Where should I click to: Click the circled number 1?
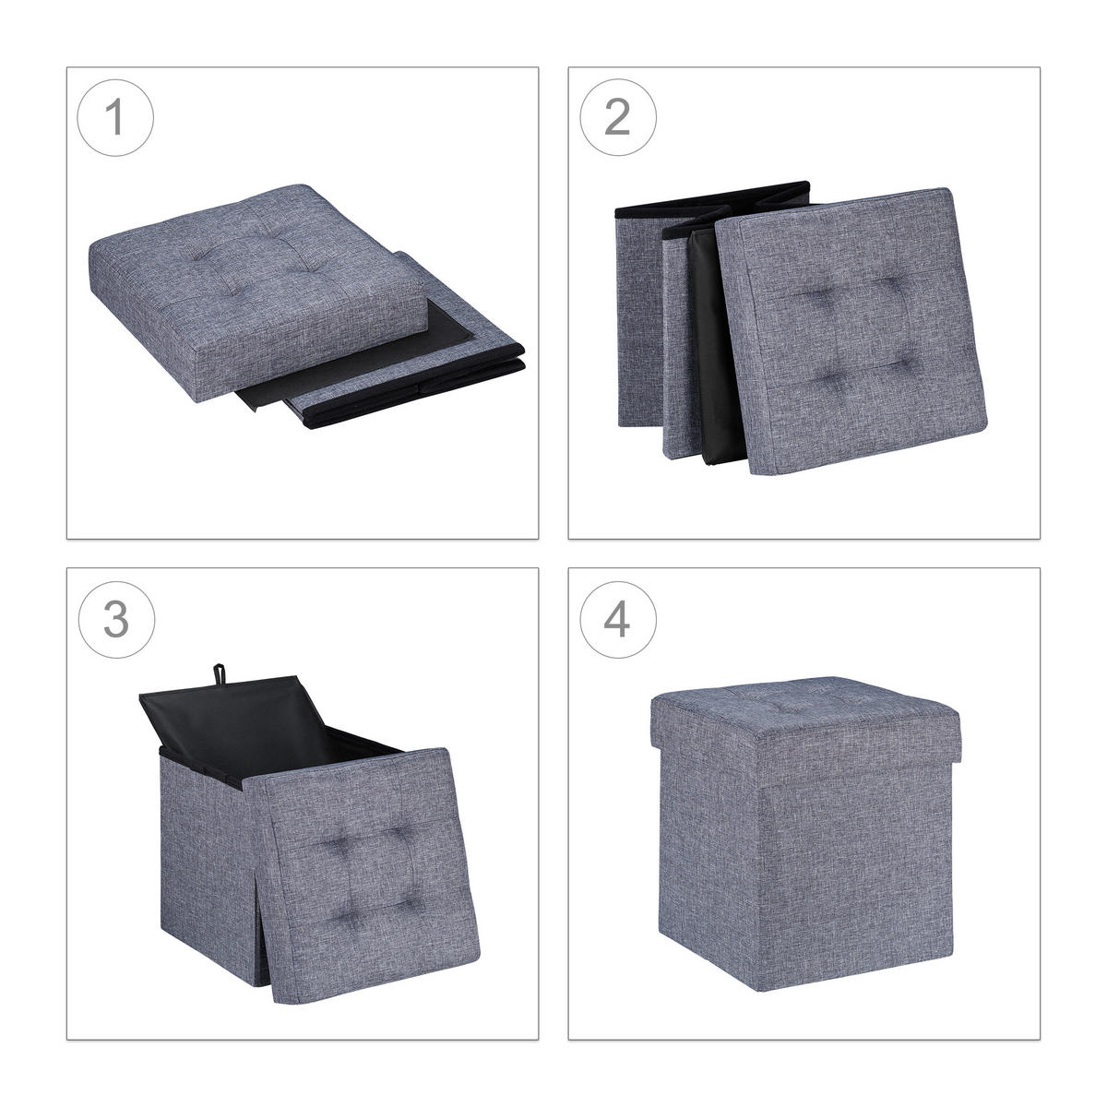tap(115, 117)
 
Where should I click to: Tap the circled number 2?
tap(617, 117)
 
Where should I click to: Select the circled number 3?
tap(116, 619)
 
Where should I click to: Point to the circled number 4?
tap(617, 619)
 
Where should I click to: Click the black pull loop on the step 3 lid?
tap(220, 673)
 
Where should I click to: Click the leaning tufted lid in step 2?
tap(851, 332)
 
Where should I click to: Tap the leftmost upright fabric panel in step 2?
tap(638, 322)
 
